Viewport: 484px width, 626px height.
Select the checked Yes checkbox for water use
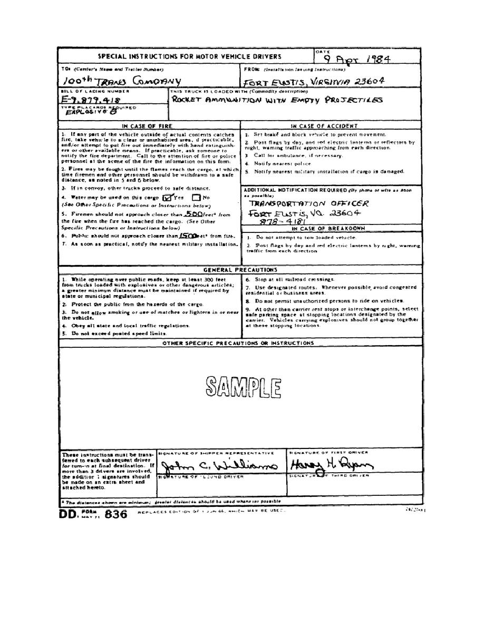coord(168,198)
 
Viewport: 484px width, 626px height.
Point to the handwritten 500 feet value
coord(195,214)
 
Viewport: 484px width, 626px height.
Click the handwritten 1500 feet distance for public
coord(189,236)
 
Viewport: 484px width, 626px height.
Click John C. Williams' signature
coord(219,466)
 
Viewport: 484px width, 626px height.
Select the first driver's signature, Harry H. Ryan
coord(330,464)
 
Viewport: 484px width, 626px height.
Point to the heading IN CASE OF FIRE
coord(149,126)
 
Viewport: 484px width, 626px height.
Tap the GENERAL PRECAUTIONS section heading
coord(240,269)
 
